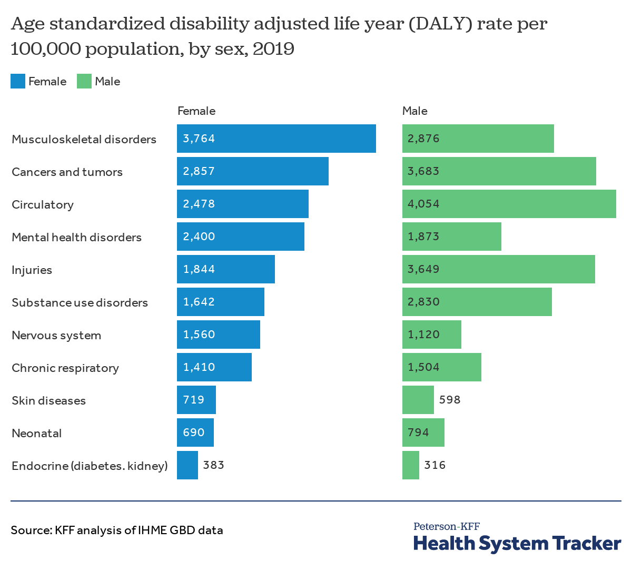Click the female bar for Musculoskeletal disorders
click(x=276, y=139)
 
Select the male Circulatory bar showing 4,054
click(x=509, y=204)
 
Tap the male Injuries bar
click(x=498, y=269)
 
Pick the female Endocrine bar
click(x=187, y=465)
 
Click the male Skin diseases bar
click(x=418, y=400)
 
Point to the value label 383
click(x=214, y=465)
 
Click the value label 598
click(x=450, y=400)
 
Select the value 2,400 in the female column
click(x=199, y=237)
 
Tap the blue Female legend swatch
click(x=18, y=81)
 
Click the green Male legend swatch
click(x=84, y=81)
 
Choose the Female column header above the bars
click(x=196, y=111)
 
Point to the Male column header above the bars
click(x=415, y=111)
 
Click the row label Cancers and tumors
click(x=67, y=172)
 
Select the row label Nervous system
click(x=56, y=335)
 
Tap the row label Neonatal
click(x=37, y=433)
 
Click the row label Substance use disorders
click(x=80, y=302)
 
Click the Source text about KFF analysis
click(x=117, y=530)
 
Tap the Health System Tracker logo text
click(x=517, y=543)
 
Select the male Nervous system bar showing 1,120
click(x=431, y=335)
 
